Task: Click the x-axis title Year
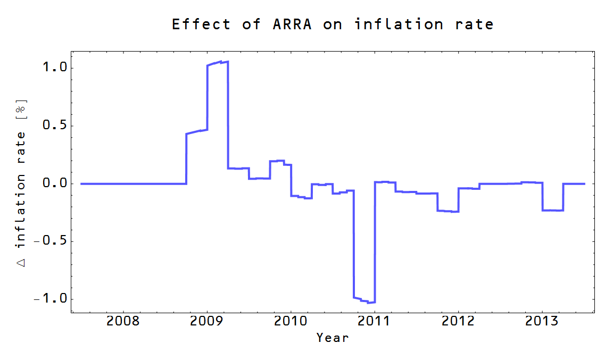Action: click(333, 337)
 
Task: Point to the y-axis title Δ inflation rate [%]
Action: click(21, 181)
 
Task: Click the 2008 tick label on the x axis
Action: click(123, 321)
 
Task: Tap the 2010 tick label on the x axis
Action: click(291, 321)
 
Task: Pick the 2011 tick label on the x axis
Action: click(375, 321)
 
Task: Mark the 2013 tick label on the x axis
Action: click(542, 321)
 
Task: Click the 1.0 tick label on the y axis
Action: click(55, 68)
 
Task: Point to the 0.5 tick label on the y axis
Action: click(55, 126)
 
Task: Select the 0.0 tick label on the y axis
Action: click(55, 183)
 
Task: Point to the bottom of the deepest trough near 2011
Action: click(371, 303)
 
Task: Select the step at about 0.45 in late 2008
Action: click(197, 131)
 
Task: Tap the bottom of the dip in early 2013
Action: click(552, 211)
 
